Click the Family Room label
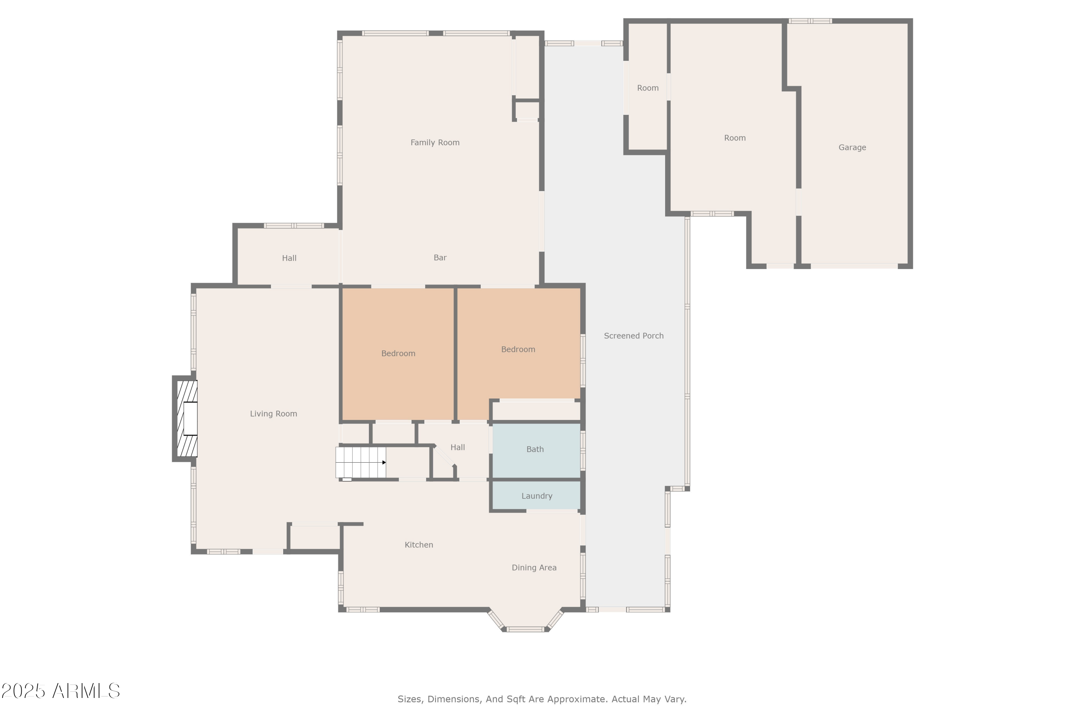point(435,143)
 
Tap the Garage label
point(852,148)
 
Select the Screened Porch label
point(633,336)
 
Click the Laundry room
point(536,496)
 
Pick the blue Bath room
point(535,449)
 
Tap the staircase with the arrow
point(360,462)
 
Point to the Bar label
point(440,258)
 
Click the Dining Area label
point(534,568)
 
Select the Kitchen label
point(418,545)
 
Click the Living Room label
point(273,414)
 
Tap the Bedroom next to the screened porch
point(518,350)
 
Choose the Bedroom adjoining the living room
point(398,354)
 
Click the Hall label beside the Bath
point(457,447)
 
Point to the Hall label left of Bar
point(289,258)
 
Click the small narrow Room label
point(647,88)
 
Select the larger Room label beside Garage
point(735,138)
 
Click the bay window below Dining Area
point(526,628)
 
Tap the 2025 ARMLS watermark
point(60,691)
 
